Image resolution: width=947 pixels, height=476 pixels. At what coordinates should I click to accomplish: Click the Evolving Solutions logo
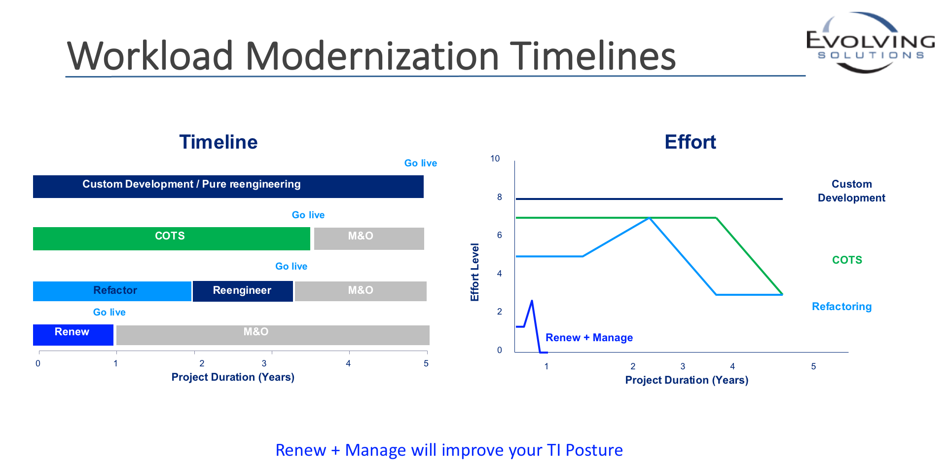871,43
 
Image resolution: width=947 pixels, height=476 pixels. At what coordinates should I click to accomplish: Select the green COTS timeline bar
172,238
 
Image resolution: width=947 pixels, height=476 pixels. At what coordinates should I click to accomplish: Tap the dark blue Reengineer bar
243,291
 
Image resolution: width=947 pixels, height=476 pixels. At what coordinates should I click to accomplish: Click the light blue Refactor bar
112,291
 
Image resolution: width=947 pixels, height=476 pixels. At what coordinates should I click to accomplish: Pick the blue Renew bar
73,335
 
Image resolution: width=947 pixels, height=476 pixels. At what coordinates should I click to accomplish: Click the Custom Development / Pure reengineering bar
228,187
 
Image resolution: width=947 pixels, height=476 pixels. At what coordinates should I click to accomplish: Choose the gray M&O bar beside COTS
369,238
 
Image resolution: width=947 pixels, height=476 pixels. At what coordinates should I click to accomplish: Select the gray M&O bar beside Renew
273,335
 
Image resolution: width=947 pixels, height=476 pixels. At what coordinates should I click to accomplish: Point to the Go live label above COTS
308,215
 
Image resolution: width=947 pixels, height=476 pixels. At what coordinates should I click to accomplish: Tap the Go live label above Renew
109,312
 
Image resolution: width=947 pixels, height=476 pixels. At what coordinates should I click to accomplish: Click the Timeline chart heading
219,142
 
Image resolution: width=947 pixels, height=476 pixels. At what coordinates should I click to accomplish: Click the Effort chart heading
690,142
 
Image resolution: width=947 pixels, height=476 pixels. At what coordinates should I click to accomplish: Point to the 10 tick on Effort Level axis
495,159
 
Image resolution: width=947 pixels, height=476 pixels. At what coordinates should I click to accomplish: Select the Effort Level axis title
474,272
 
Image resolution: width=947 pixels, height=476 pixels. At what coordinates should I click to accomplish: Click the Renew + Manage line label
589,338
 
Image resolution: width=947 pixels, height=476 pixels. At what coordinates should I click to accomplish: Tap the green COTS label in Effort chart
847,260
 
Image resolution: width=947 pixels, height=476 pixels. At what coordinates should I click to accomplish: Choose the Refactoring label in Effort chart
841,307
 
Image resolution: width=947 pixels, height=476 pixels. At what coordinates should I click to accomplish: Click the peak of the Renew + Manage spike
532,300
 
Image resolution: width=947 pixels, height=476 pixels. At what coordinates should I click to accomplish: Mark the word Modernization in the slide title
373,56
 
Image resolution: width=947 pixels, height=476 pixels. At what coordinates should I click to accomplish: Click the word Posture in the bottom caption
594,450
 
